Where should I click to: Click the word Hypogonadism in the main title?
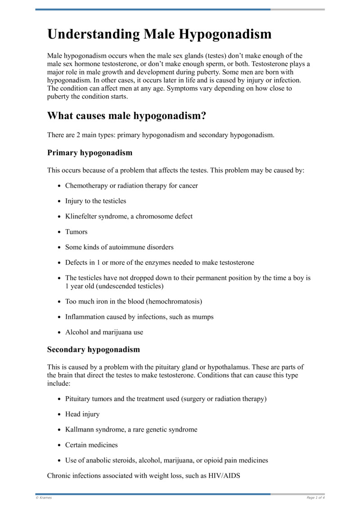tap(225, 34)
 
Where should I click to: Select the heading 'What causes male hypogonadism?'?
tap(126, 116)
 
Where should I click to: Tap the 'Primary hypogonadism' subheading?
tap(90, 152)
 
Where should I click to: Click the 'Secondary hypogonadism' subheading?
tap(93, 349)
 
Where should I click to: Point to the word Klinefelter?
tap(81, 216)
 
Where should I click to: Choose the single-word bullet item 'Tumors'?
tap(76, 232)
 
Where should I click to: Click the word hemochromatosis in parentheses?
tap(174, 301)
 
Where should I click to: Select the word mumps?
tap(204, 317)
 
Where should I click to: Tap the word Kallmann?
tap(79, 429)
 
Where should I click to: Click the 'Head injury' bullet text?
tap(82, 414)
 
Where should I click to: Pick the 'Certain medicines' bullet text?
tap(91, 445)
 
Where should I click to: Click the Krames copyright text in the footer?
tap(44, 498)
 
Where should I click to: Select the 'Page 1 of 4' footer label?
tap(315, 498)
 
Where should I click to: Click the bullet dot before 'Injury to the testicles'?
tap(59, 201)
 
